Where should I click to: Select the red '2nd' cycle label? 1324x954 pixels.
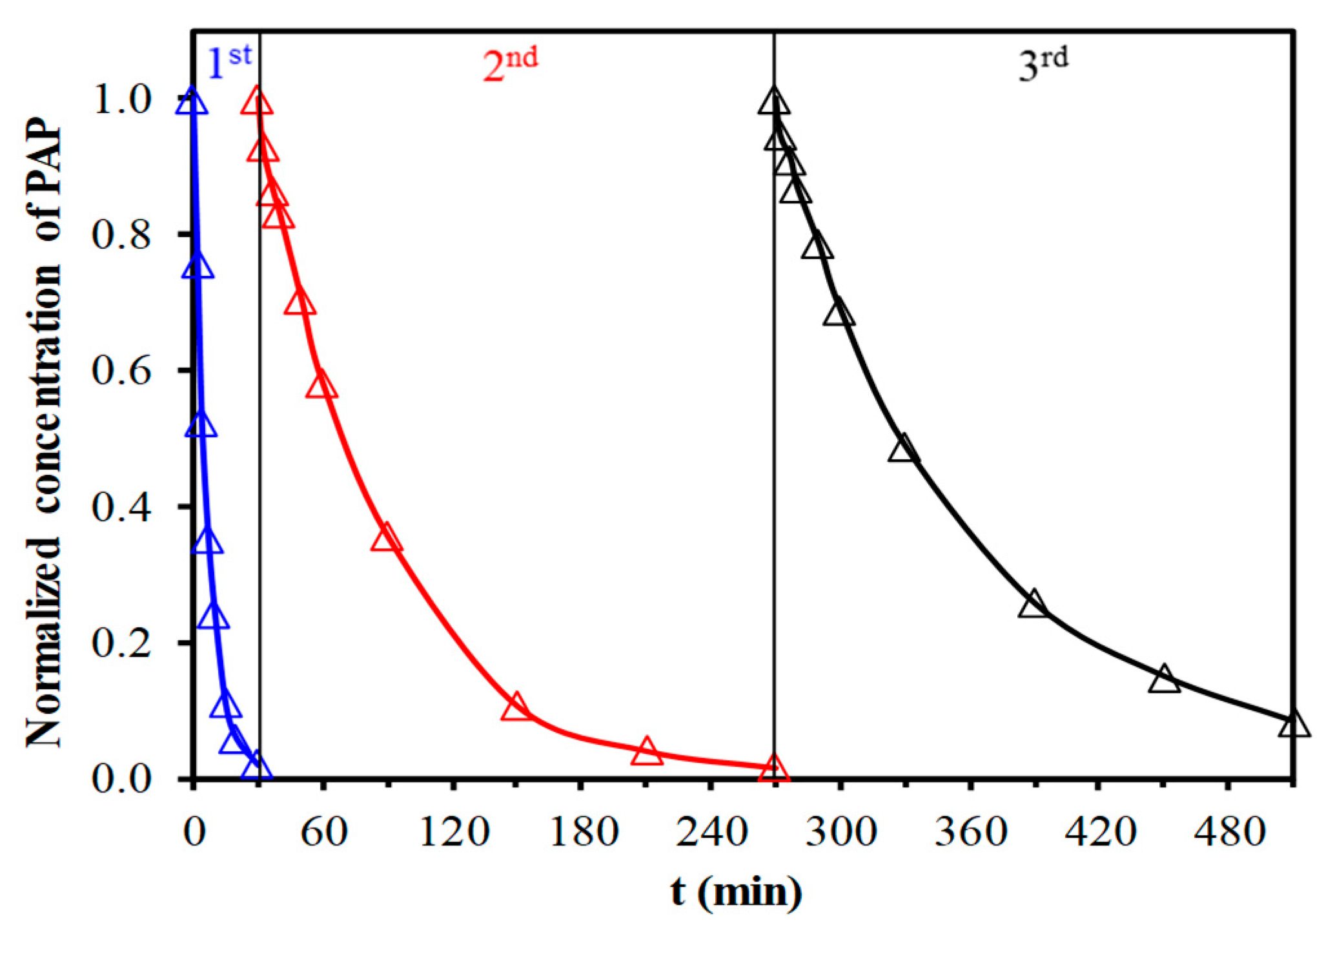[509, 65]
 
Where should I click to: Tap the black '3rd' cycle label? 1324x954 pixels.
[1043, 65]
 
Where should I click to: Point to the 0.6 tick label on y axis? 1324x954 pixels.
[122, 370]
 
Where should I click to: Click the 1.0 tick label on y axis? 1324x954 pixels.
[122, 100]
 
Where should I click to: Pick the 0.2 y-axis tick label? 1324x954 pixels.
[122, 643]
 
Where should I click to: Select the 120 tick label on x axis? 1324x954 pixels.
[454, 832]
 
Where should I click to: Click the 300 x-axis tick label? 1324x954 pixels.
[841, 832]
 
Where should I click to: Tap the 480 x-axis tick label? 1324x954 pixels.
[1228, 832]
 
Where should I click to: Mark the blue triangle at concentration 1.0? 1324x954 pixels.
[192, 102]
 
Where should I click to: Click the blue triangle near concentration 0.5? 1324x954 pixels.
[201, 425]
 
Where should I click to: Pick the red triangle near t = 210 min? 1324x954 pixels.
[647, 752]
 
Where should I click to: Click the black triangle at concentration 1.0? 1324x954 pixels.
[774, 102]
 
